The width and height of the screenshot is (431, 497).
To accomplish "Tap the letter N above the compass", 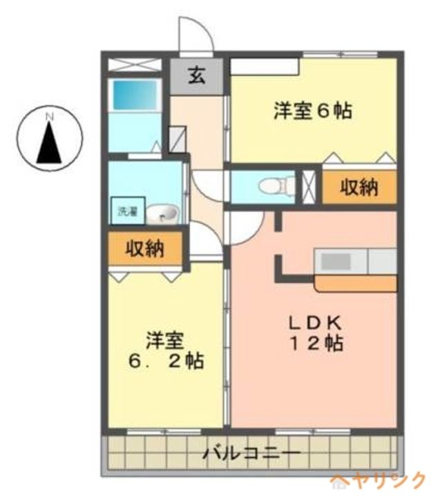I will (49, 117).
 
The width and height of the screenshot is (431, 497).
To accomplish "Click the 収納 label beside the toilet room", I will (359, 186).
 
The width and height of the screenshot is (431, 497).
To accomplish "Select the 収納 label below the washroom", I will (145, 248).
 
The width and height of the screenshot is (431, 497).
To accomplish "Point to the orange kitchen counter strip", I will (355, 283).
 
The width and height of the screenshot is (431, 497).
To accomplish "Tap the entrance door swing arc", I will (195, 35).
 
